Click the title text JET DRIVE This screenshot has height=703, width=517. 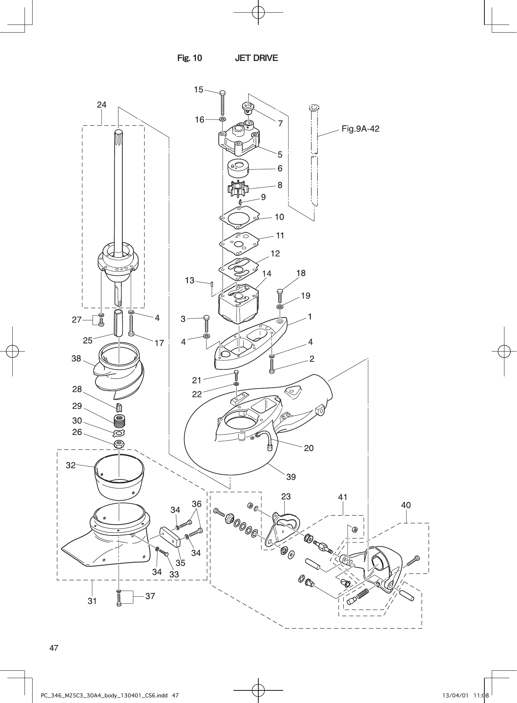click(256, 58)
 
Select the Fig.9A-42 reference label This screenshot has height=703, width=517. click(360, 129)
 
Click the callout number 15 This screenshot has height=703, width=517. click(198, 90)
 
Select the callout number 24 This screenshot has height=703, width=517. click(102, 105)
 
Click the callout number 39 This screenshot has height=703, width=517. click(291, 477)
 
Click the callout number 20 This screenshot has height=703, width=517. click(309, 448)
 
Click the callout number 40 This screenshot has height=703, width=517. click(406, 505)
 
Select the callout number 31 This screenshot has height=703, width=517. click(92, 601)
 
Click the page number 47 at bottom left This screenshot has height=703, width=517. click(54, 648)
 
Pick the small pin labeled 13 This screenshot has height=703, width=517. click(212, 284)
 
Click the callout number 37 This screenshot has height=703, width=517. click(150, 596)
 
